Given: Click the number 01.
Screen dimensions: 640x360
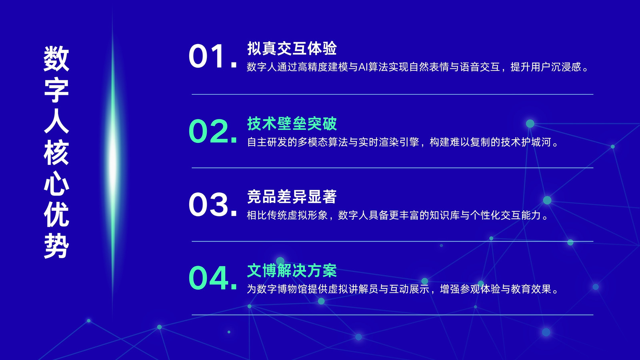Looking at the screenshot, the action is click(x=212, y=56).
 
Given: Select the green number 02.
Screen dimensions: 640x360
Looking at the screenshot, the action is click(x=212, y=131).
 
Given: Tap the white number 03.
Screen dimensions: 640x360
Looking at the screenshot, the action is click(x=212, y=204).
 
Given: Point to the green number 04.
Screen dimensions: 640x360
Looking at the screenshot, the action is click(x=212, y=278).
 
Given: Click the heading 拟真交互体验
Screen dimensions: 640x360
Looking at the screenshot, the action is click(x=292, y=48).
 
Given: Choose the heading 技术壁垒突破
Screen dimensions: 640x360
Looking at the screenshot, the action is click(x=292, y=124).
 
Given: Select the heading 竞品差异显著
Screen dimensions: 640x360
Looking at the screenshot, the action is click(x=292, y=197).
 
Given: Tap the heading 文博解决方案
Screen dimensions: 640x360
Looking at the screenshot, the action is click(x=292, y=270).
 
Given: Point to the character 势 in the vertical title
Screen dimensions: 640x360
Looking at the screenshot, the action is click(x=56, y=246).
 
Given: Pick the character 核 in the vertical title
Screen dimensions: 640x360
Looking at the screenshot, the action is click(x=56, y=152).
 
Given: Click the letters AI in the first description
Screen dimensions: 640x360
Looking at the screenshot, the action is click(x=363, y=67).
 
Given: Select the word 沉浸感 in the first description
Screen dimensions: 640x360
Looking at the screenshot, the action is click(x=566, y=67).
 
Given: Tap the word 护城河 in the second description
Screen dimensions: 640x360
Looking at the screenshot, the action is click(x=536, y=142).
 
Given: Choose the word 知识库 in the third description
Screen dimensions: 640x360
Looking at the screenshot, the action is click(x=444, y=216).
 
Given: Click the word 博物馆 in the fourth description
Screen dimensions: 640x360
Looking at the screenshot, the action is click(x=292, y=289).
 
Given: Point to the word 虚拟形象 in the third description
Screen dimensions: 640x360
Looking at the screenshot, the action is click(x=308, y=216).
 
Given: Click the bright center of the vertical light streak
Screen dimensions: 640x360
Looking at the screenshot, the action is click(x=113, y=160).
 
